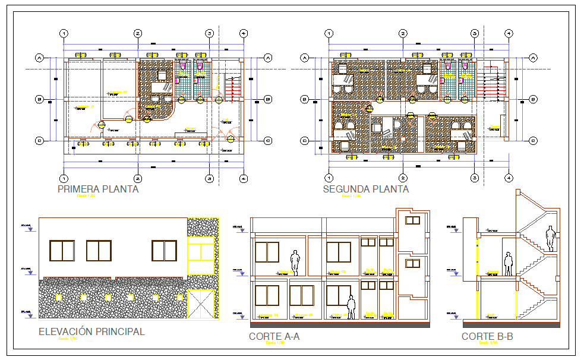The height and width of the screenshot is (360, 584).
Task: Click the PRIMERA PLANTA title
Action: pos(98,190)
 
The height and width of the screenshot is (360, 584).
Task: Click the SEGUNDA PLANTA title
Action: pos(365,190)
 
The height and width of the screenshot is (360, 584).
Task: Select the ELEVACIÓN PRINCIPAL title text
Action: pos(91,331)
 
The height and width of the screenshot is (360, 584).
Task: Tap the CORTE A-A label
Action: pos(274,337)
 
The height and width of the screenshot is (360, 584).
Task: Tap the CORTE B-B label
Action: pos(487,337)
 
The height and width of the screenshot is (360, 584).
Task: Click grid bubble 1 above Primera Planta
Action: pos(64,33)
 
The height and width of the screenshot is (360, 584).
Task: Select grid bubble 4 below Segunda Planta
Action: pos(509,177)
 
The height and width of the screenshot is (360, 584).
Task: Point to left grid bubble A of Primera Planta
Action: pos(39,58)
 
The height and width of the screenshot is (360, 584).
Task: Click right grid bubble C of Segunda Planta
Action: pos(533,141)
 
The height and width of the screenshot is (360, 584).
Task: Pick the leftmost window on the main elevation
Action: pos(62,250)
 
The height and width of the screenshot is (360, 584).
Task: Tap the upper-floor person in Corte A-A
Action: pos(294,263)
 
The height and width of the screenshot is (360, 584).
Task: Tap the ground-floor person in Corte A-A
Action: pos(351,307)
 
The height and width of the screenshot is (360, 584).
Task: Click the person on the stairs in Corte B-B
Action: pos(551,238)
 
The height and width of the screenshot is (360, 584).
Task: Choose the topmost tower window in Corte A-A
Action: pos(412,220)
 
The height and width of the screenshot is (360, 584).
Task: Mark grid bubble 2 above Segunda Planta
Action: pos(403,33)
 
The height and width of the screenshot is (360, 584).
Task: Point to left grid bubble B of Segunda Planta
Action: pos(304,99)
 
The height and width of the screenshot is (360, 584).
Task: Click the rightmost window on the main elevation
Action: pos(164,250)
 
